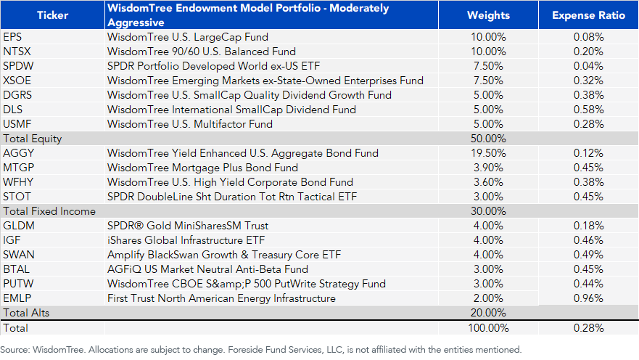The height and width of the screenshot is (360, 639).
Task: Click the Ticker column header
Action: pos(52,15)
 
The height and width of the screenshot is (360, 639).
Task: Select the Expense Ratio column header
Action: pos(588,15)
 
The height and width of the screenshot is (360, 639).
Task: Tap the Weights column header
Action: pos(488,15)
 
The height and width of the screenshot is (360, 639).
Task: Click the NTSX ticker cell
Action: pos(18,52)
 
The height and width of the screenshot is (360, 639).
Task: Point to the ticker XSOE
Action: pos(18,81)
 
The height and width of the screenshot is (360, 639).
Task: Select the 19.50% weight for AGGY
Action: pos(488,153)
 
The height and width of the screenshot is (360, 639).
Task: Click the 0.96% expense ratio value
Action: pos(588,298)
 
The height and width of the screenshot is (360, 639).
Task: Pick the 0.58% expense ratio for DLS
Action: pos(588,110)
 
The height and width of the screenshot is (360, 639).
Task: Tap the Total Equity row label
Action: pos(33,139)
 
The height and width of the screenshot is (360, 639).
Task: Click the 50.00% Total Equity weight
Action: pos(488,139)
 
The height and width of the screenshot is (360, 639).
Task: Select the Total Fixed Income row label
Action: pos(49,211)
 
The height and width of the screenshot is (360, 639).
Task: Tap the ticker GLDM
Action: pos(19,226)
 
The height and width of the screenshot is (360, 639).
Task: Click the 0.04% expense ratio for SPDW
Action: pos(588,66)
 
